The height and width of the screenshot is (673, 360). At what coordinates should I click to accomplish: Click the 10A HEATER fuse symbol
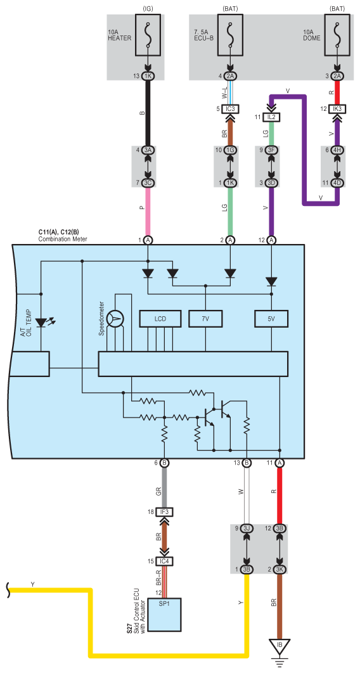tap(148, 35)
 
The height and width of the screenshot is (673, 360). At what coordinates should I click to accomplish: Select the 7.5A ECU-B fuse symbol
tap(231, 35)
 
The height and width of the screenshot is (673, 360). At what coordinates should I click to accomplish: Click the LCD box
tap(160, 319)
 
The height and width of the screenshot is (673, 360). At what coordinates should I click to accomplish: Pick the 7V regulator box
tap(205, 319)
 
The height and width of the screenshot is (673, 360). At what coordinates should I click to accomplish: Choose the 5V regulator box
tap(271, 319)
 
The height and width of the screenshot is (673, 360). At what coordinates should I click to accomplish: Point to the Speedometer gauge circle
tap(115, 318)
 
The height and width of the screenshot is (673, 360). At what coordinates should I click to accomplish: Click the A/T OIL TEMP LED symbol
tap(42, 322)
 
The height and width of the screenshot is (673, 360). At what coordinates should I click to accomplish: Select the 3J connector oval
tap(247, 528)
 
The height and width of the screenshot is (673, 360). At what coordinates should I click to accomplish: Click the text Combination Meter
tap(63, 239)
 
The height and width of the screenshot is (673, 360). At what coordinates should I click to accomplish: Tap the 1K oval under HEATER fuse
tap(148, 76)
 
